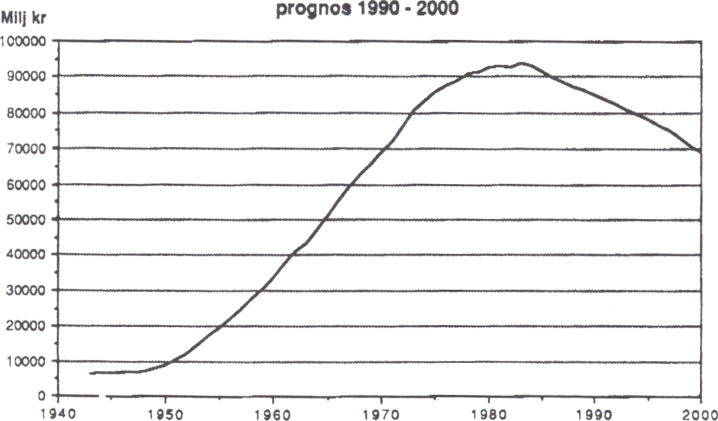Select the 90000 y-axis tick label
coord(27,77)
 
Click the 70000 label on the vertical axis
coord(27,148)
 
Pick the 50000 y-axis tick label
coord(27,219)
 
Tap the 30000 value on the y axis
coord(27,290)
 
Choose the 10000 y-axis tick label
coord(27,361)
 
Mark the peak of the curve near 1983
coord(521,63)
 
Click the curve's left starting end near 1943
coord(91,373)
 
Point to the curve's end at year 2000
coord(700,152)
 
